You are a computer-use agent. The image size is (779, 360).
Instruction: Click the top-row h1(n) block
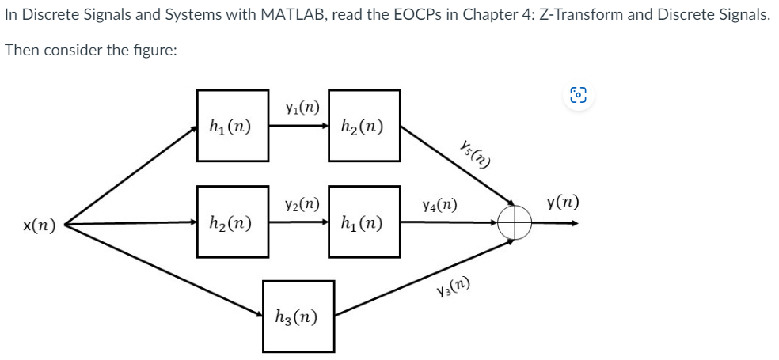pyautogui.click(x=232, y=125)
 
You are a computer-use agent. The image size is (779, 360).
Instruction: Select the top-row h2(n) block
pyautogui.click(x=365, y=125)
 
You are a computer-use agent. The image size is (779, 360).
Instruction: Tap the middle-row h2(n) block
pyautogui.click(x=232, y=222)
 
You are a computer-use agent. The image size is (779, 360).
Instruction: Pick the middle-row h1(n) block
pyautogui.click(x=365, y=222)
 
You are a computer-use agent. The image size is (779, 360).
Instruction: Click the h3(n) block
pyautogui.click(x=298, y=316)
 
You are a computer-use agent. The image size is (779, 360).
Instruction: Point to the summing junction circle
pyautogui.click(x=514, y=222)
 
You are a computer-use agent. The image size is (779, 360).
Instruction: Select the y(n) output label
pyautogui.click(x=562, y=203)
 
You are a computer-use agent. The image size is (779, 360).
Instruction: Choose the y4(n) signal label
pyautogui.click(x=439, y=205)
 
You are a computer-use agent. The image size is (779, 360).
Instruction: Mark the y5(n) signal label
pyautogui.click(x=474, y=153)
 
